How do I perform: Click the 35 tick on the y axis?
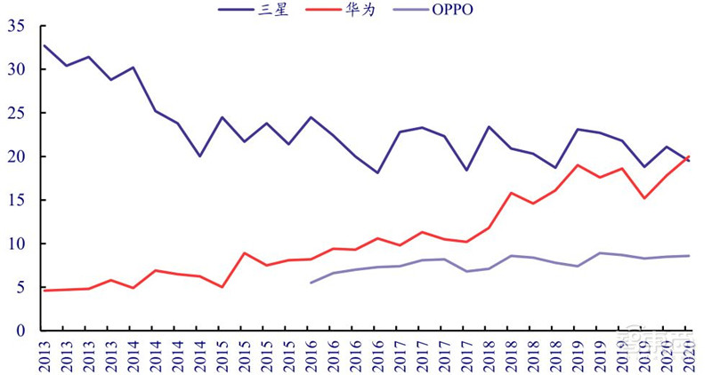(x=15, y=26)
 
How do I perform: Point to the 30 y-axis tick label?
(x=15, y=69)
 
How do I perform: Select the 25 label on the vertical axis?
(x=15, y=113)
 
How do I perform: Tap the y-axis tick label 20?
(x=15, y=156)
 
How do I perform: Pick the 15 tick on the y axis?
(x=15, y=200)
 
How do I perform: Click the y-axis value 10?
(x=15, y=243)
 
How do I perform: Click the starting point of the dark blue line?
(x=44, y=45)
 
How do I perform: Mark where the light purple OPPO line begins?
(x=311, y=283)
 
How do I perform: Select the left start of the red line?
(x=44, y=291)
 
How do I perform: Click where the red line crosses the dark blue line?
(x=686, y=159)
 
